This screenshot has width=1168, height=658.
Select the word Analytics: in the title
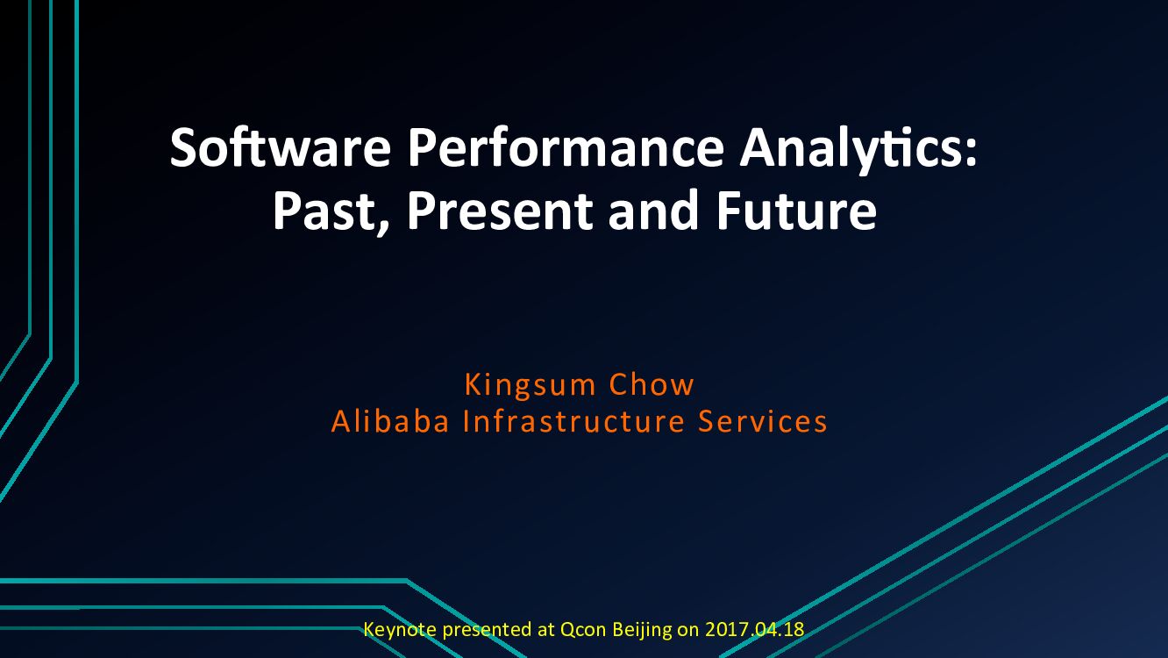[x=857, y=149]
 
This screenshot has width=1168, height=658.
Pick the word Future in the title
[x=796, y=211]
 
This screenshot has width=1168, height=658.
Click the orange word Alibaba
[x=390, y=422]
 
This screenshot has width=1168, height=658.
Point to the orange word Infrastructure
[x=573, y=422]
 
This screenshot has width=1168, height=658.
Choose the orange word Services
[x=763, y=422]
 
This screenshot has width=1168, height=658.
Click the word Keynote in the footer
[x=400, y=629]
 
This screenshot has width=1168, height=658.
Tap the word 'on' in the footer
[x=688, y=629]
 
